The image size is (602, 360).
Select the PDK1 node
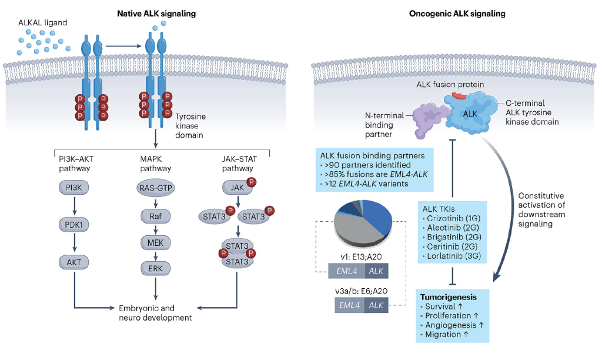[x=73, y=224]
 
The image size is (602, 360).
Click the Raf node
[x=155, y=215]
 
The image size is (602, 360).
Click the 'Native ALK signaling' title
[x=158, y=13]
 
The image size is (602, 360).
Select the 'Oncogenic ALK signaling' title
[x=450, y=13]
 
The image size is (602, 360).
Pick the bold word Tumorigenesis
[x=448, y=296]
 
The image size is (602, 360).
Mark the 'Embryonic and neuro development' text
[x=155, y=312]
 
